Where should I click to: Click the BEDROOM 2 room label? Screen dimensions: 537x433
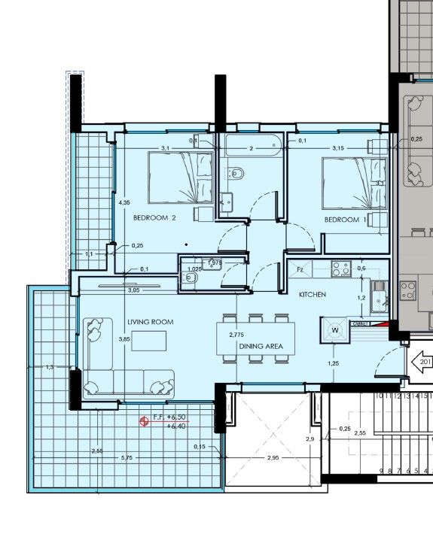154,218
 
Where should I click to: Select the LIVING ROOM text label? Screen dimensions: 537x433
150,322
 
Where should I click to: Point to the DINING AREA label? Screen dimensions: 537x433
261,346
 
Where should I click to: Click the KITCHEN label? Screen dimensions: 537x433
313,294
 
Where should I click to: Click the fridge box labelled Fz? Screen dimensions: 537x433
300,269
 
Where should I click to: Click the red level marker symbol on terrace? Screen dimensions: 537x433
143,422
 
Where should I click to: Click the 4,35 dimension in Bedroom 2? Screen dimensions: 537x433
125,202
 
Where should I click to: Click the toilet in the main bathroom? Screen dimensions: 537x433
237,174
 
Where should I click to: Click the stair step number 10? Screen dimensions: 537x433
379,396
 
